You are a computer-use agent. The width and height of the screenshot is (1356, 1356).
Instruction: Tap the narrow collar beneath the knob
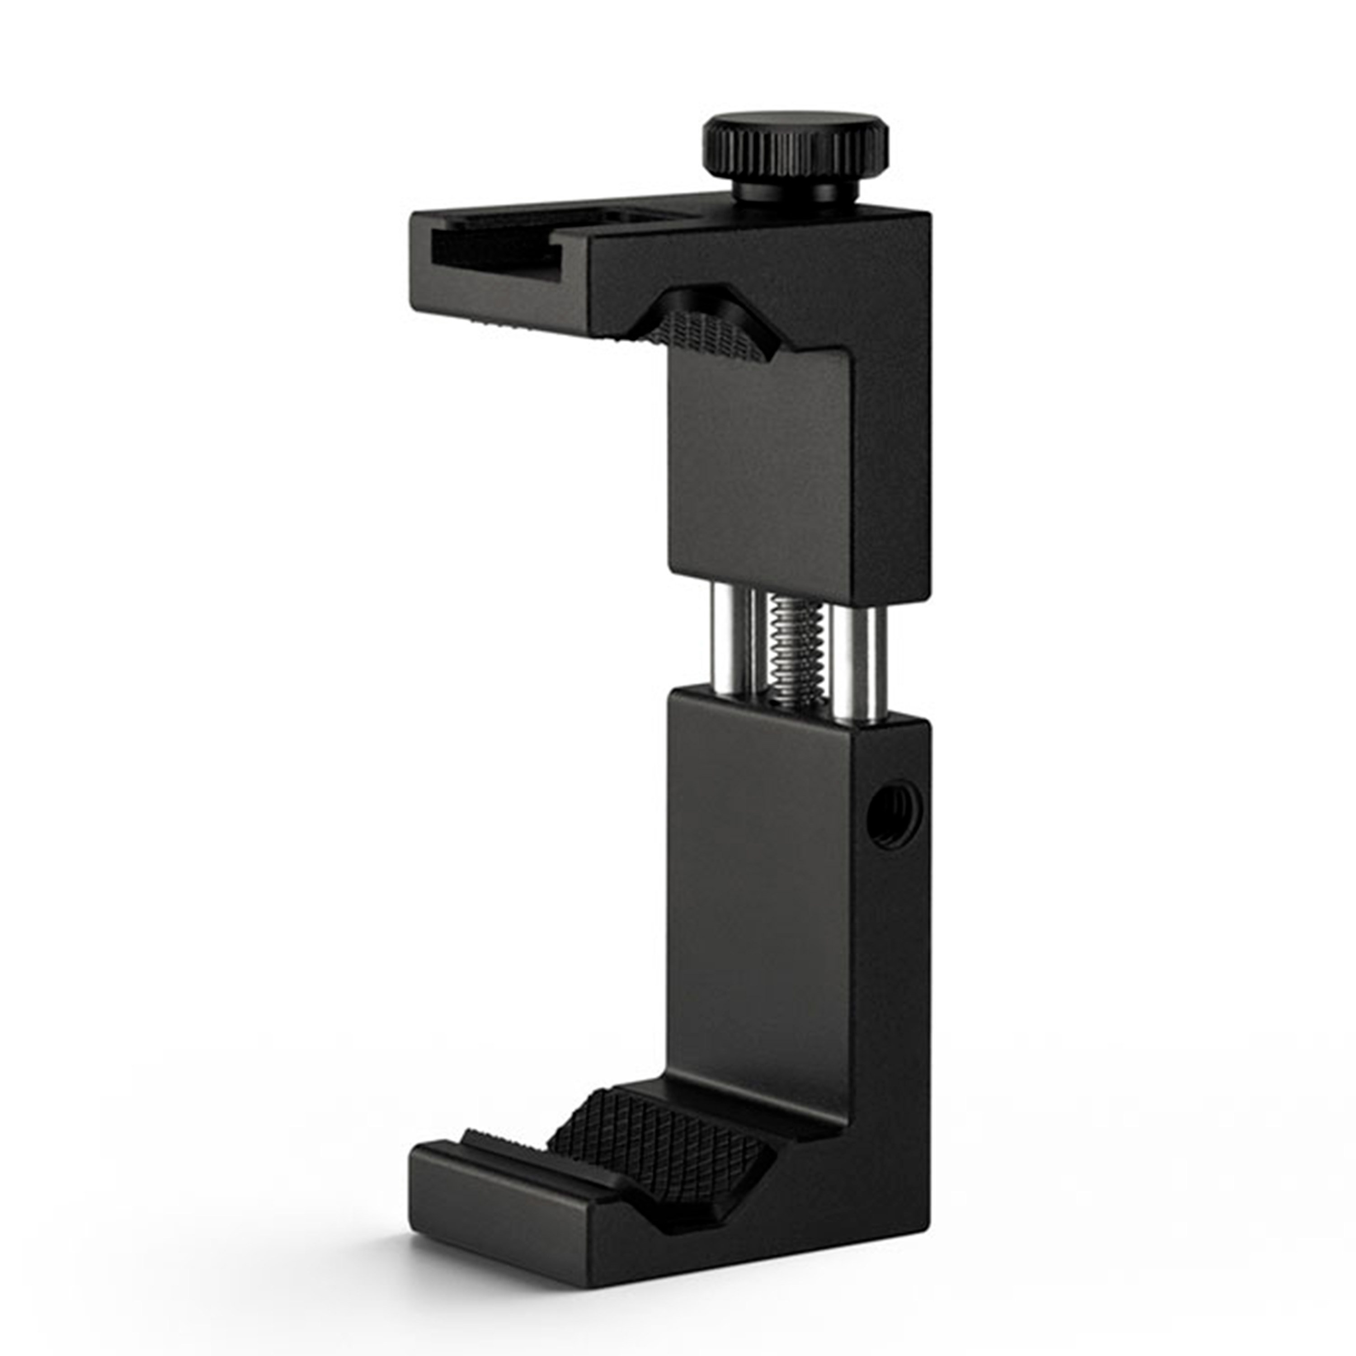pyautogui.click(x=796, y=191)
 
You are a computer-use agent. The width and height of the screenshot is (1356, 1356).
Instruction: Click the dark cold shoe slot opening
pyautogui.click(x=491, y=249)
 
